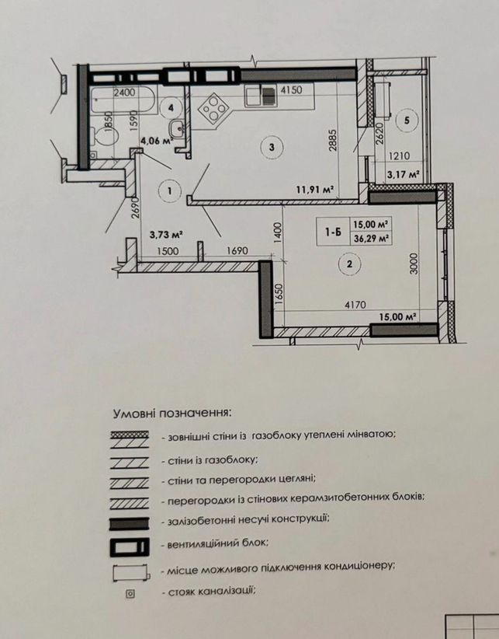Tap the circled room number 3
point(272,147)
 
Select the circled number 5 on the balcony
point(407,120)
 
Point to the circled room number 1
point(169,190)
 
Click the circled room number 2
point(349,264)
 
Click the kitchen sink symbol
point(261,96)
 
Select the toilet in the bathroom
point(104,136)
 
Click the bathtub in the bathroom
point(123,100)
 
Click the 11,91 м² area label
point(315,189)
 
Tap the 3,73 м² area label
point(165,235)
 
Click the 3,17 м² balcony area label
point(403,175)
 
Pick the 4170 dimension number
point(355,305)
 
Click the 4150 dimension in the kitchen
point(292,89)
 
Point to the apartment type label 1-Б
point(333,232)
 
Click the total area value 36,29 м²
point(370,239)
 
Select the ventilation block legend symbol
point(130,547)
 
